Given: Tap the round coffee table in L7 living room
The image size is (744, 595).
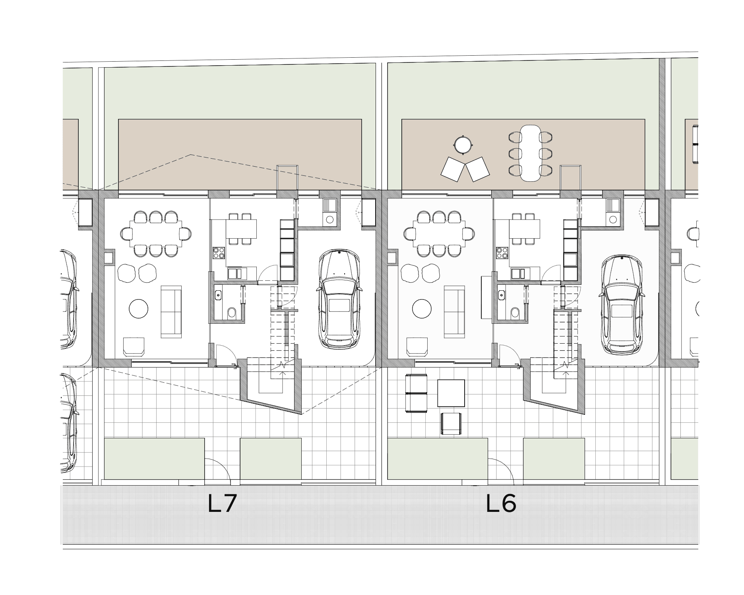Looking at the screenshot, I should (139, 308).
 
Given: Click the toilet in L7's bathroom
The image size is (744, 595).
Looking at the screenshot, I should (232, 313).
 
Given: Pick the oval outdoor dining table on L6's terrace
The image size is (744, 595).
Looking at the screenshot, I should (531, 153).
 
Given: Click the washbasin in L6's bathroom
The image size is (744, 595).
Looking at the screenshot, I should (502, 295).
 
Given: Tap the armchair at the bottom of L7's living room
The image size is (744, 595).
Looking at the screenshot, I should (134, 346).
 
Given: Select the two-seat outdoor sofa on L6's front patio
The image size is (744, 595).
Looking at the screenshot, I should (416, 393).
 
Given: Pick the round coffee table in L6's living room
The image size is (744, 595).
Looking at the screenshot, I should (422, 308).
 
